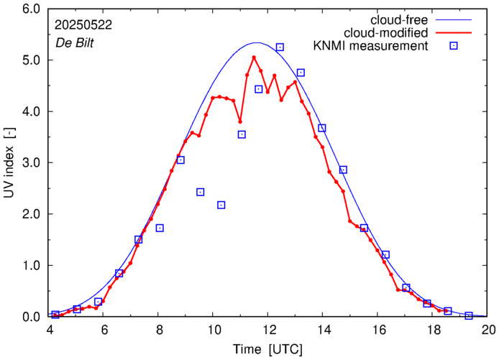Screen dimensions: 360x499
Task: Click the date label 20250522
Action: tap(82, 24)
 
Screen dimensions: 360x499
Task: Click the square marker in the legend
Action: tap(454, 46)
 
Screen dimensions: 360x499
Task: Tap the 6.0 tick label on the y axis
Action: tap(31, 9)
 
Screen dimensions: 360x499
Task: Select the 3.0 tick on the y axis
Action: tap(31, 163)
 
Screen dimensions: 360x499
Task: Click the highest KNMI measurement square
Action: tap(280, 47)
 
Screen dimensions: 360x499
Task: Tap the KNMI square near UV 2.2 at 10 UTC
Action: tap(221, 205)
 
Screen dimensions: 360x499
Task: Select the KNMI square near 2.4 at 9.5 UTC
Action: tap(201, 192)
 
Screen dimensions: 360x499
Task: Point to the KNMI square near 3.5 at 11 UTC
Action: tap(242, 134)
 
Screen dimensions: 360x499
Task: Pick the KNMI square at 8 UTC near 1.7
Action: tap(160, 228)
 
